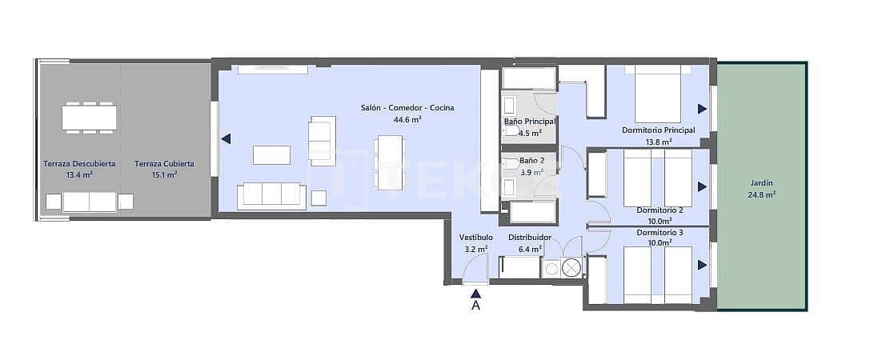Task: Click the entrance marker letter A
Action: click(475, 305)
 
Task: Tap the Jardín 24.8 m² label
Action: click(762, 188)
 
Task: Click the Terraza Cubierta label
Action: click(164, 164)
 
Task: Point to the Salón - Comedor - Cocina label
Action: click(407, 108)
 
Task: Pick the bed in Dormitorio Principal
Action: click(658, 94)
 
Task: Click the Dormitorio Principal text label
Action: click(658, 130)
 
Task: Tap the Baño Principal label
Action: click(530, 122)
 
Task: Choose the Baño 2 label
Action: click(525, 161)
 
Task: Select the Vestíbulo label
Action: click(475, 238)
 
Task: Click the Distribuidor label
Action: click(530, 238)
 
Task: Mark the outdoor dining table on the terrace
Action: click(89, 118)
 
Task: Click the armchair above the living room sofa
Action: click(323, 140)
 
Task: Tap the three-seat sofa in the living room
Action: click(271, 195)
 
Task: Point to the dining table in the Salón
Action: click(391, 162)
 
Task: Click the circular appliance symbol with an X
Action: click(571, 268)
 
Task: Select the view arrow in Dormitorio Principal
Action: click(702, 109)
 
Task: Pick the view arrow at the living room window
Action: click(227, 138)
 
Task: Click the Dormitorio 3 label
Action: click(660, 232)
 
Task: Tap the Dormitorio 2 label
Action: click(660, 210)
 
